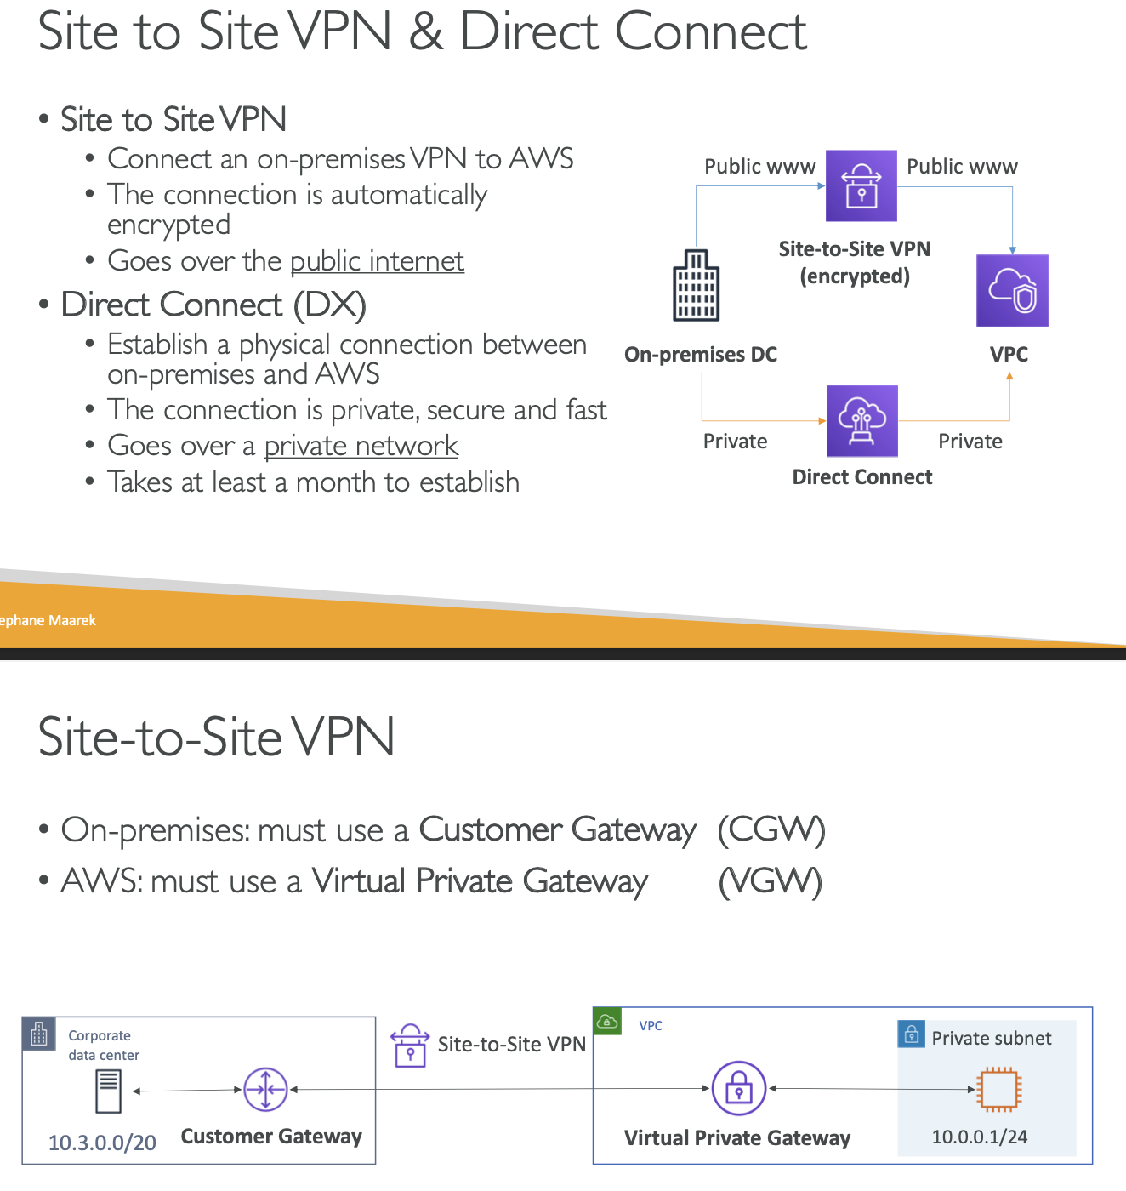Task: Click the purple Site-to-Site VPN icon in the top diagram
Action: (x=862, y=185)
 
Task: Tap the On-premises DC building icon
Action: (x=696, y=285)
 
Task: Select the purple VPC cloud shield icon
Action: (x=1012, y=290)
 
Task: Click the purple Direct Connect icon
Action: (x=862, y=420)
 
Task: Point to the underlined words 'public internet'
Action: (x=377, y=261)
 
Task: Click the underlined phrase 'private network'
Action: (x=361, y=446)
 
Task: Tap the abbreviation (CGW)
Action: (x=771, y=829)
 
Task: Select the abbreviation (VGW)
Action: (x=770, y=882)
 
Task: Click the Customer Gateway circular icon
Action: (x=265, y=1089)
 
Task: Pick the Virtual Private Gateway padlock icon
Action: (x=738, y=1088)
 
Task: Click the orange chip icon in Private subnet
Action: (x=999, y=1089)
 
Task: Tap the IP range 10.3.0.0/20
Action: (x=102, y=1143)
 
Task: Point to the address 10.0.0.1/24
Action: (x=979, y=1137)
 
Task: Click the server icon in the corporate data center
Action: (x=109, y=1091)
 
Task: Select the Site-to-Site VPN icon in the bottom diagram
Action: (x=410, y=1046)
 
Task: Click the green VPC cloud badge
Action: (x=607, y=1021)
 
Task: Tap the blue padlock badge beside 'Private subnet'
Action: (x=912, y=1034)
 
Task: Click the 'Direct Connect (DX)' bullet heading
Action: (x=213, y=305)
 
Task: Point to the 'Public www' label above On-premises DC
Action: (x=759, y=167)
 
